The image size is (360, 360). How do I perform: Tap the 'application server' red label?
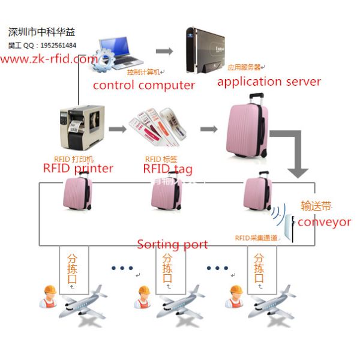coord(269,82)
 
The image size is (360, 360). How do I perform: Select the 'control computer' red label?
coord(144,85)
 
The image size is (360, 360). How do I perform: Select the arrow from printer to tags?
coord(118,128)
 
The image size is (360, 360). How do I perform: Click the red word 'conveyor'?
coord(324,222)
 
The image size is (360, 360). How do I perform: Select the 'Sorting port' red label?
coord(173,244)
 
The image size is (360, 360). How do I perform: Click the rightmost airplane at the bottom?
coord(274,303)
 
